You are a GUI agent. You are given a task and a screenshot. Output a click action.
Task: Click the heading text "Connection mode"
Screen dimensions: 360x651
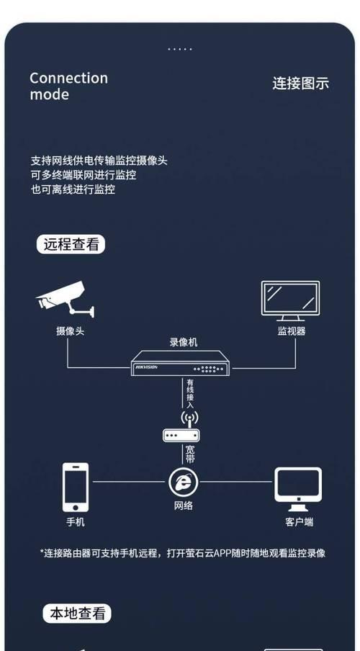68,86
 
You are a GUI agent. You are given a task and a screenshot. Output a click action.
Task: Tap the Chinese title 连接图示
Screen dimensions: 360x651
301,83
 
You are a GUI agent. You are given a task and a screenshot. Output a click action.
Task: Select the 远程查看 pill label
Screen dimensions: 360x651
71,244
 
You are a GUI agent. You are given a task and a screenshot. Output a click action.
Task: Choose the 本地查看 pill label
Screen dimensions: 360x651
77,613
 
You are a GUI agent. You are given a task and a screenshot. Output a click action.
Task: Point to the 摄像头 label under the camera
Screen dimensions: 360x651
70,331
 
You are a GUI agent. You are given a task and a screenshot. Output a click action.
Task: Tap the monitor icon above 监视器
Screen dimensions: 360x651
290,301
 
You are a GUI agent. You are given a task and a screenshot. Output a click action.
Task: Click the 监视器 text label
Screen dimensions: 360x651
292,331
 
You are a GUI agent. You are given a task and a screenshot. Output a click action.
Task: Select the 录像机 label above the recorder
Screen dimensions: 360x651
184,343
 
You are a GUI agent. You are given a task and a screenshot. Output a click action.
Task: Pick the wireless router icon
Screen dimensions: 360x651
181,427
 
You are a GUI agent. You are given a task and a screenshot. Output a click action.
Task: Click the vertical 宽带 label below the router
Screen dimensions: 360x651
190,454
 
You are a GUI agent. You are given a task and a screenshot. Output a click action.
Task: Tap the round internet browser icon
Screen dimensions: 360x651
183,482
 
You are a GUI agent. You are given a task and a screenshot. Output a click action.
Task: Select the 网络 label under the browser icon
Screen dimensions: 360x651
183,506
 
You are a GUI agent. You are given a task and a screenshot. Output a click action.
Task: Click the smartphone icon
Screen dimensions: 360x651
76,487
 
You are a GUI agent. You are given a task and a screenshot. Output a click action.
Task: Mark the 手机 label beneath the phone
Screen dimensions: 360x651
76,521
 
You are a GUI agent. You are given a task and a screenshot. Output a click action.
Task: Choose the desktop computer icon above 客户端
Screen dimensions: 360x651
298,490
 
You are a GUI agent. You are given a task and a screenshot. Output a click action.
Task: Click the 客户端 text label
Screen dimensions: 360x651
300,522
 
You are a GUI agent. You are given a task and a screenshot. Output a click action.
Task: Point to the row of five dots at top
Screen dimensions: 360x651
180,49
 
